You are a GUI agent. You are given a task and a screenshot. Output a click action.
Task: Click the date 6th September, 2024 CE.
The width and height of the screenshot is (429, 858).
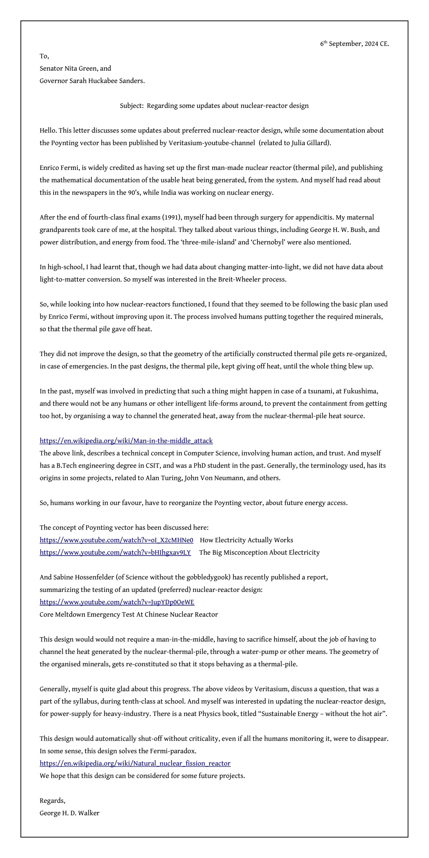point(354,44)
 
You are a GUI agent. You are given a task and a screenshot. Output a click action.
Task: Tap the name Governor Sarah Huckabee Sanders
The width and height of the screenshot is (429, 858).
point(92,81)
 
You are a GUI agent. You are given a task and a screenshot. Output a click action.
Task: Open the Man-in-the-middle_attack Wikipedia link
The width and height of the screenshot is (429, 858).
point(126,441)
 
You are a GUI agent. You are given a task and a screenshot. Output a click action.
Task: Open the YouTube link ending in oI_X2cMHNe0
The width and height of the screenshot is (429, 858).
point(116,540)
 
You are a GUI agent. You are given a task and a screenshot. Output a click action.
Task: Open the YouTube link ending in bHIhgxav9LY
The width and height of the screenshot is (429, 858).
point(115,552)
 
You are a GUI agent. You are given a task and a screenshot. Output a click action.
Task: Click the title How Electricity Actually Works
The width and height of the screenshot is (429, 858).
point(246,540)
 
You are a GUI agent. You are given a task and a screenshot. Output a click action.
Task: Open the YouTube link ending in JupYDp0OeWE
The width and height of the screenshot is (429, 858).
point(117,602)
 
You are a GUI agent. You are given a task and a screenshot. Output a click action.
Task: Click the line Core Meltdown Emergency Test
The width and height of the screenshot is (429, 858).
point(128,614)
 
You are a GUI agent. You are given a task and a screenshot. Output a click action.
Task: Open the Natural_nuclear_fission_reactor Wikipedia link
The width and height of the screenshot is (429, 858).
point(135,763)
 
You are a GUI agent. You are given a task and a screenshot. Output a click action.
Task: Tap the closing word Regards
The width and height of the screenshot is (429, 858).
point(52,800)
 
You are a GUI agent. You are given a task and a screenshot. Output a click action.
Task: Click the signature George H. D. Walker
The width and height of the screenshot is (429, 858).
point(69,813)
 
